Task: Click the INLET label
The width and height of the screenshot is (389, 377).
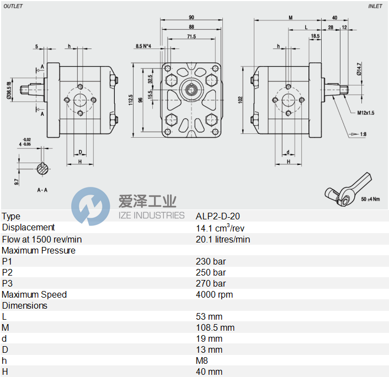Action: pyautogui.click(x=376, y=6)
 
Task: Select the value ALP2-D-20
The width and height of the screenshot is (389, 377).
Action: pyautogui.click(x=218, y=217)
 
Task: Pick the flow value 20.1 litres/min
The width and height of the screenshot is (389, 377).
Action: pyautogui.click(x=223, y=239)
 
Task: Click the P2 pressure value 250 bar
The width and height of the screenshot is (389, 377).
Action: pyautogui.click(x=211, y=272)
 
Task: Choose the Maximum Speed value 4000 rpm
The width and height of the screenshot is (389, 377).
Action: pyautogui.click(x=214, y=294)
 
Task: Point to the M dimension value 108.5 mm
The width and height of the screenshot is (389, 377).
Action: pyautogui.click(x=215, y=327)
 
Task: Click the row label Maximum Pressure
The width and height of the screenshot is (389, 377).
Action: pyautogui.click(x=39, y=250)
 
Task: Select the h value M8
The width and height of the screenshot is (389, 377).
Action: pyautogui.click(x=201, y=360)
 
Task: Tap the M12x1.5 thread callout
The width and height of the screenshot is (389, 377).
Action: pyautogui.click(x=365, y=112)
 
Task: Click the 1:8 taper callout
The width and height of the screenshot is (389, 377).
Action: pyautogui.click(x=363, y=134)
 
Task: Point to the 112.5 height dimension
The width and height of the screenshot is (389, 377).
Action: pyautogui.click(x=131, y=99)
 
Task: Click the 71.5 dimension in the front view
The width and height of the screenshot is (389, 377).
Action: pyautogui.click(x=191, y=36)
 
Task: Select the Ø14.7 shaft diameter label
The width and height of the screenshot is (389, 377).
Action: pyautogui.click(x=359, y=68)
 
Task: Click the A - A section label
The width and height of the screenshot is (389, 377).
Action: pyautogui.click(x=43, y=190)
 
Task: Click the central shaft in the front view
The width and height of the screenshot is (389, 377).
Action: pyautogui.click(x=191, y=89)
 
